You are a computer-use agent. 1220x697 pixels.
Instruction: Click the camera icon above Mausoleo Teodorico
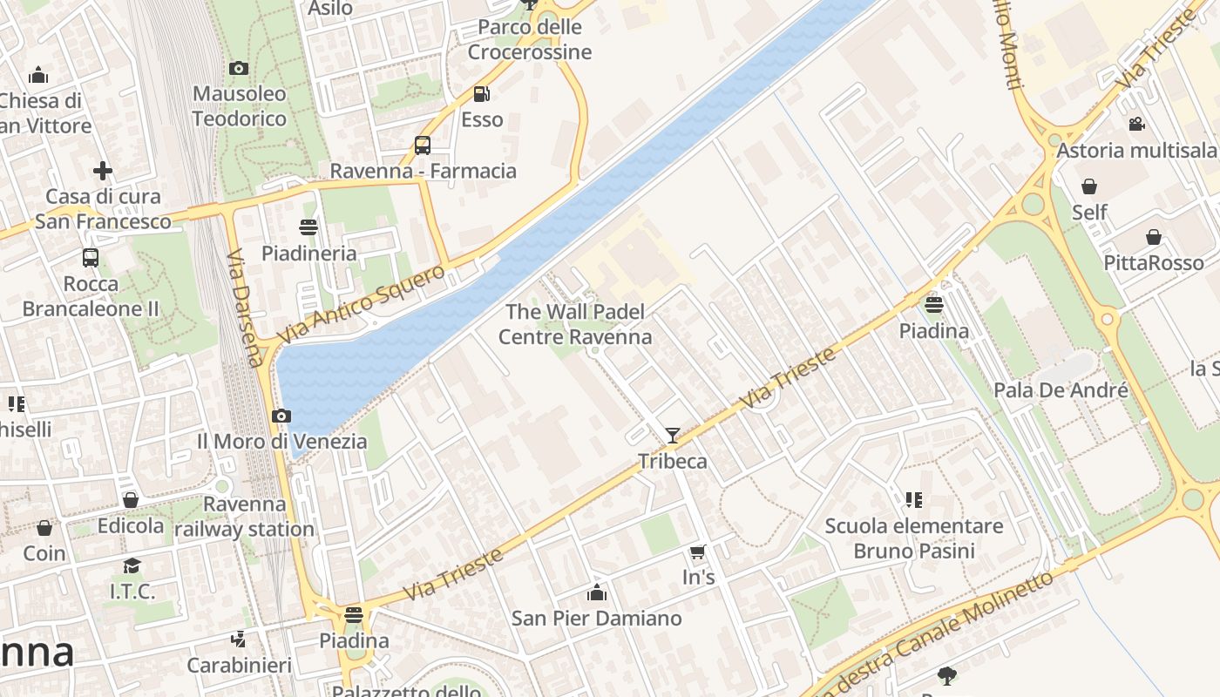point(238,68)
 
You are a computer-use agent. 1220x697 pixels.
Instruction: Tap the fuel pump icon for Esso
point(481,94)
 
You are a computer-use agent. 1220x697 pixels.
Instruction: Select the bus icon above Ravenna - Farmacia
point(423,145)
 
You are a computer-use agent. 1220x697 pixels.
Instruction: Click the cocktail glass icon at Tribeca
point(672,436)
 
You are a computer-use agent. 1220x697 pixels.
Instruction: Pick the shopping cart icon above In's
point(697,552)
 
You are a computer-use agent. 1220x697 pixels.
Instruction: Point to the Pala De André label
point(1061,390)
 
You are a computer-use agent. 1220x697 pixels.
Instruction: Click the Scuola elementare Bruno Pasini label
point(913,538)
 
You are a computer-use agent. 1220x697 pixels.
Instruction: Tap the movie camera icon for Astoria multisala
point(1136,125)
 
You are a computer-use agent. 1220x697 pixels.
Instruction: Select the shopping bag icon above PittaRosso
point(1153,237)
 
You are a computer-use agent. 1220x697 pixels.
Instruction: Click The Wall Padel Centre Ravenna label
point(575,324)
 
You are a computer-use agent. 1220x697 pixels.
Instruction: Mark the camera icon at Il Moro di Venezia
point(281,416)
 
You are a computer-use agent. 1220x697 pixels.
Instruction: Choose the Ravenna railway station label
point(244,517)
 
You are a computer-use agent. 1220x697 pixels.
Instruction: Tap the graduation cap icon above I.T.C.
point(132,566)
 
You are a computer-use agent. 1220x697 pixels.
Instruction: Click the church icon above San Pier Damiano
point(596,592)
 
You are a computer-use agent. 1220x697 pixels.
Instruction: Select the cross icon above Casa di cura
point(103,171)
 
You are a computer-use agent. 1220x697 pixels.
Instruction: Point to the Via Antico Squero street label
point(361,304)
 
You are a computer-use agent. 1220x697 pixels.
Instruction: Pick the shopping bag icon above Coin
point(44,528)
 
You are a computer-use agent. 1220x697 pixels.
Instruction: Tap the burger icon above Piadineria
point(308,228)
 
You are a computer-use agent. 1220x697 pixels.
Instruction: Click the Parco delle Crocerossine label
point(530,40)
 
